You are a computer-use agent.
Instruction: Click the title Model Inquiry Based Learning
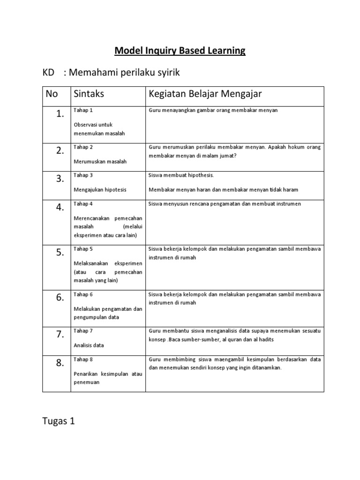[x=180, y=50]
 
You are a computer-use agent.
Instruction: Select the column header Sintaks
[x=89, y=94]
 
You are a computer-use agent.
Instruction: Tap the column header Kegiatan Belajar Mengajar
[x=205, y=94]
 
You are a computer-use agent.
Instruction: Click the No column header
[x=52, y=94]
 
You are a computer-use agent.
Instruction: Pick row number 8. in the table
[x=59, y=365]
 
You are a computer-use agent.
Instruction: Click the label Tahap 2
[x=83, y=147]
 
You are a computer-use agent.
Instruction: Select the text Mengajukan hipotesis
[x=100, y=190]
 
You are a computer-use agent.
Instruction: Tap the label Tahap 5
[x=83, y=249]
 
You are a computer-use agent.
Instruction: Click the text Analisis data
[x=89, y=345]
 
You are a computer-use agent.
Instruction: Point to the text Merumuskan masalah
[x=100, y=161]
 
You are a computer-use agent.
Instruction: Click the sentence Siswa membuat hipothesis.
[x=181, y=175]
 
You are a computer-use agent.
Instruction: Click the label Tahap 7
[x=83, y=331]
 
